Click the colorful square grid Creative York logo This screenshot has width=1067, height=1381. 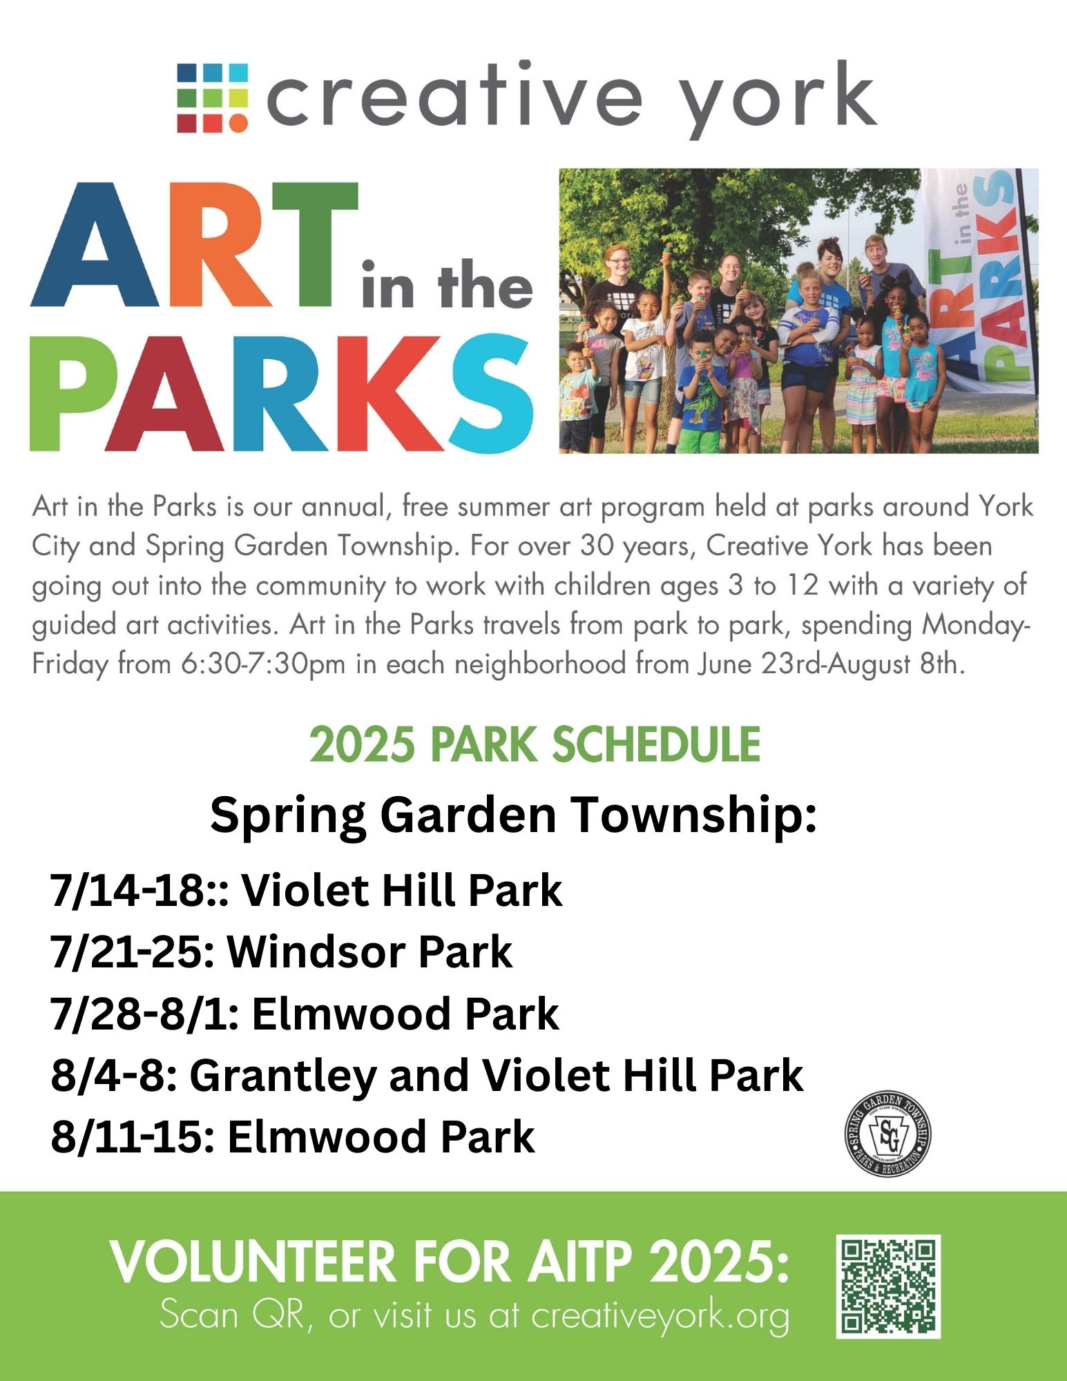(x=212, y=97)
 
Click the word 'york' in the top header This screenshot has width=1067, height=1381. (x=778, y=100)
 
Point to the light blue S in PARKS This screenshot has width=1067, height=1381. (x=491, y=392)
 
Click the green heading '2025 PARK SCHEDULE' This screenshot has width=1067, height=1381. (x=535, y=744)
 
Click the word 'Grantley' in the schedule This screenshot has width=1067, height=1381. (x=282, y=1076)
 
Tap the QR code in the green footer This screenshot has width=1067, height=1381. (x=888, y=1286)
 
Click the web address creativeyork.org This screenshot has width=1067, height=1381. (x=660, y=1316)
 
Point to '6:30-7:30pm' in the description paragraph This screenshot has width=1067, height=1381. (x=265, y=665)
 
